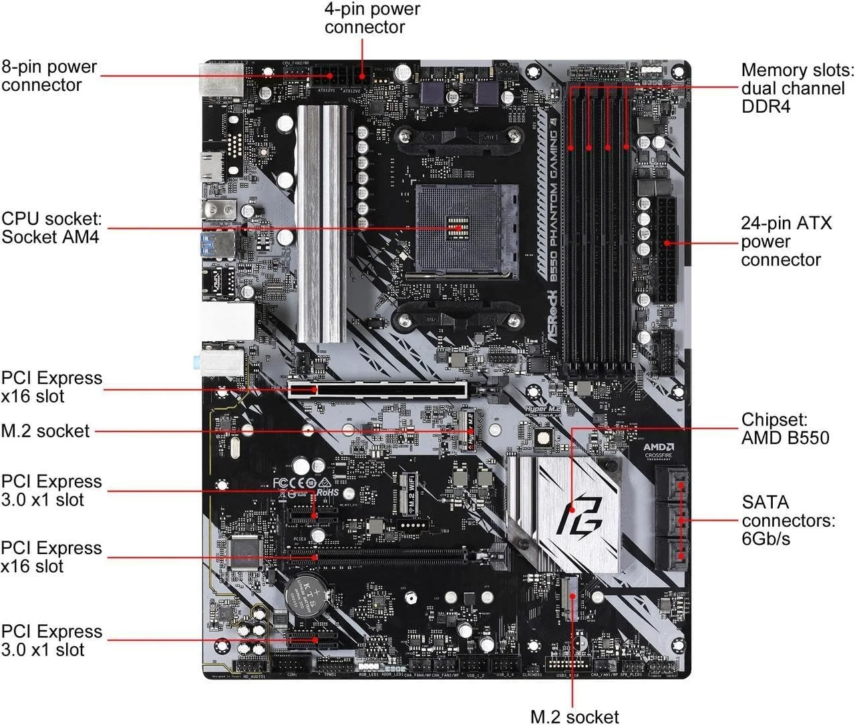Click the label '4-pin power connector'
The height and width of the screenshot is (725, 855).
(372, 19)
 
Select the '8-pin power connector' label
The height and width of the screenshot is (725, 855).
(49, 76)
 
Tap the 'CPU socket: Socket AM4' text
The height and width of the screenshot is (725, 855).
(51, 228)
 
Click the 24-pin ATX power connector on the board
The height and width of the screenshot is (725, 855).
(665, 248)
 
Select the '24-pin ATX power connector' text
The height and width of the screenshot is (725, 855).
(786, 242)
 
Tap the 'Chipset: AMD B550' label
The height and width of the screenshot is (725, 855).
(785, 429)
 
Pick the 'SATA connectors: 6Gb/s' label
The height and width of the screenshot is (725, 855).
(788, 521)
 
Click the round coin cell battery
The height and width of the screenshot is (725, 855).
(306, 589)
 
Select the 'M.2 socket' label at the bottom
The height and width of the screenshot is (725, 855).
(574, 716)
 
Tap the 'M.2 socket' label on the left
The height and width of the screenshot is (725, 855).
(45, 431)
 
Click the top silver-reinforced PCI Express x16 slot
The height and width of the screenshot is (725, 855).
(377, 389)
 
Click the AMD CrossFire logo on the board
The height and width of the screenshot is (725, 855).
(658, 451)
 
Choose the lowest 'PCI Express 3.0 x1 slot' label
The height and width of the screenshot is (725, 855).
(51, 641)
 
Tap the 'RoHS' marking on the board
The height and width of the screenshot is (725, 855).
(327, 492)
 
